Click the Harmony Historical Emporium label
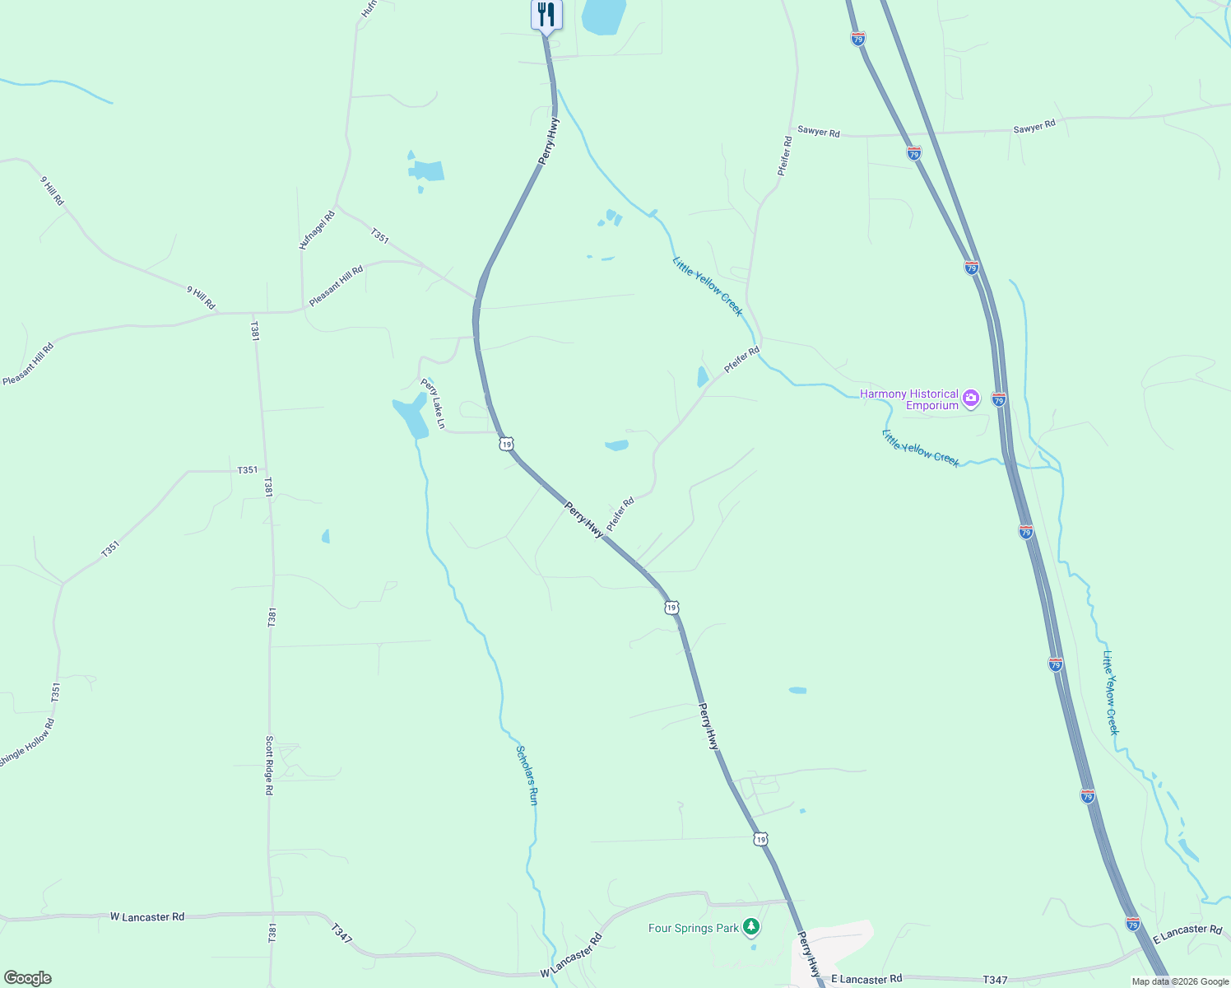coord(908,399)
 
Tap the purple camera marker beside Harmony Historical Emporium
coord(971,398)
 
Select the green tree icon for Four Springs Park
coord(750,928)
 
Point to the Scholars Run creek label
coord(527,774)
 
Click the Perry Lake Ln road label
coord(433,403)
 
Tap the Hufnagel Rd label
coord(317,231)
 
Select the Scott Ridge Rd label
coord(269,765)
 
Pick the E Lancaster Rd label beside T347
coord(866,979)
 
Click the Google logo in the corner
coord(27,978)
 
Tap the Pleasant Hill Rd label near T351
coord(336,287)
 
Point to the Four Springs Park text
coord(693,928)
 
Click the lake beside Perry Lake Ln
coord(411,417)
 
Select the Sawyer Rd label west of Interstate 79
coord(819,132)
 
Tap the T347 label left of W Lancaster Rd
coord(341,934)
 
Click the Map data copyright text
coord(1180,981)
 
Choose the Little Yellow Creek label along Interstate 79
coord(1111,692)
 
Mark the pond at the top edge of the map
coord(604,16)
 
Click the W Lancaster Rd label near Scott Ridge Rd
coord(147,916)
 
